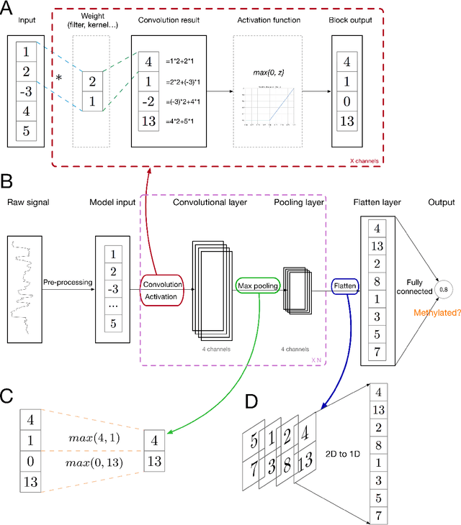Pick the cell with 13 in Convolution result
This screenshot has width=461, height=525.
click(148, 120)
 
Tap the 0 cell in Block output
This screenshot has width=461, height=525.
click(348, 100)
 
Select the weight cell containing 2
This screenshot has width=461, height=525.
click(92, 81)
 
